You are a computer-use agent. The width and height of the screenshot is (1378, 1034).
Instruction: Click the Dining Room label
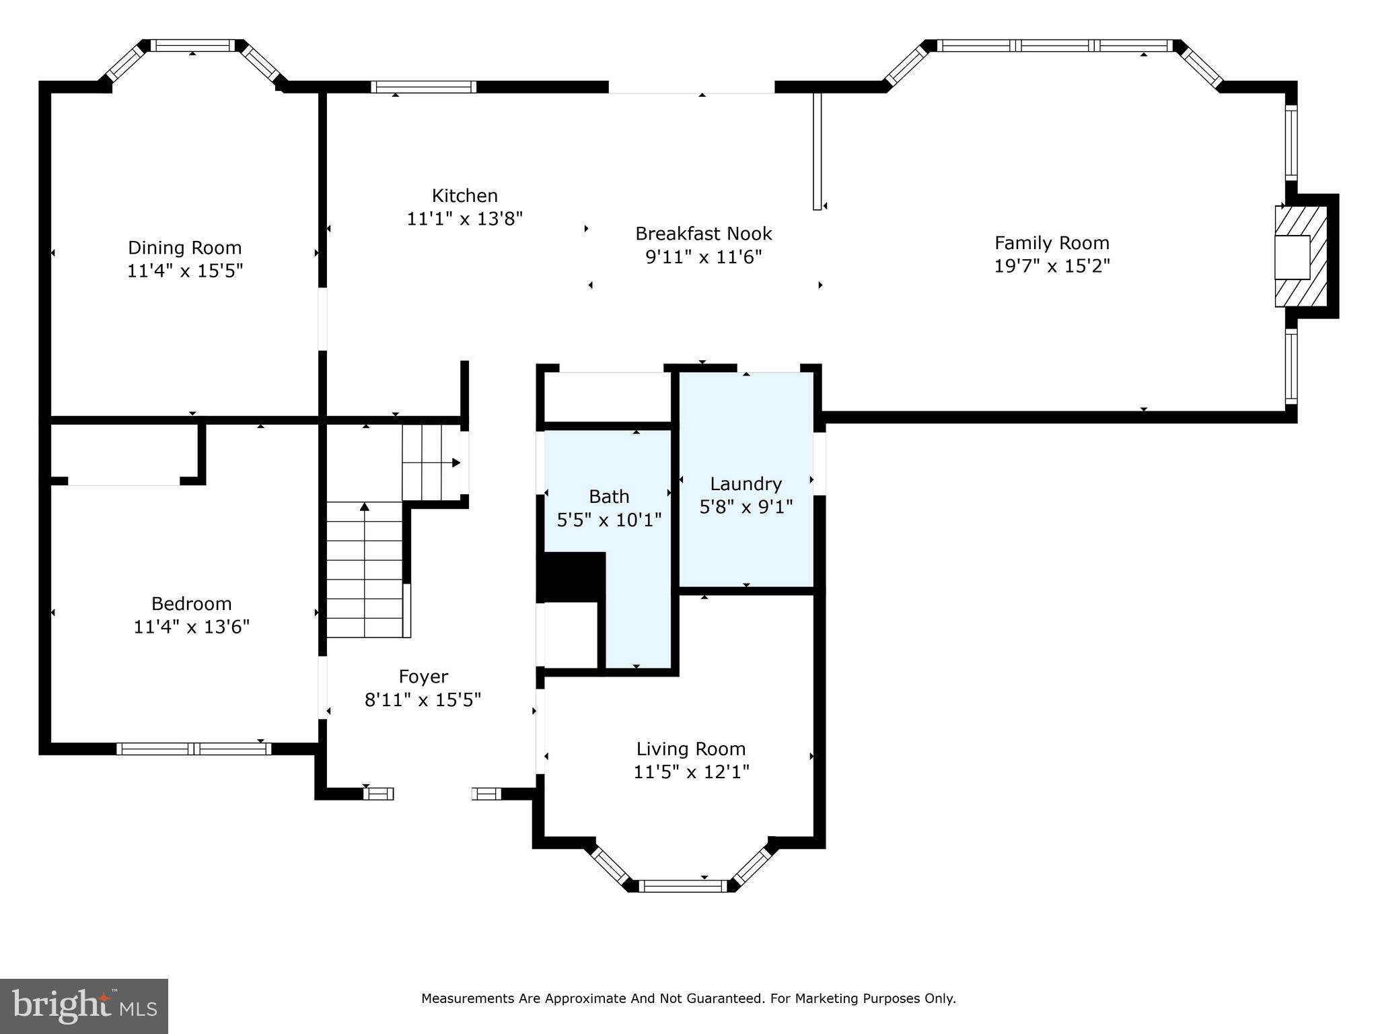point(184,248)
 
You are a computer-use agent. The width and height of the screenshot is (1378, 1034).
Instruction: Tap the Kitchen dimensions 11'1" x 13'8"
point(464,219)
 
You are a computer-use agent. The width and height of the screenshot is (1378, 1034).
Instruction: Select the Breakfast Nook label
point(703,234)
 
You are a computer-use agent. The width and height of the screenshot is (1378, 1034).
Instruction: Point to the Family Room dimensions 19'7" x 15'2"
point(1052,266)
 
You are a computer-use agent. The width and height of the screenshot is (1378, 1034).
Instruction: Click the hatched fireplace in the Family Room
point(1301,256)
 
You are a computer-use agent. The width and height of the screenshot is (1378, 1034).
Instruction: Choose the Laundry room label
point(746,484)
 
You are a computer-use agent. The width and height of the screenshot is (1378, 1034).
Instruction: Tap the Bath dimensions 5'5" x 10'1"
point(609,520)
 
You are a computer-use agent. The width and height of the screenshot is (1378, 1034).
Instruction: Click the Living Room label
point(691,749)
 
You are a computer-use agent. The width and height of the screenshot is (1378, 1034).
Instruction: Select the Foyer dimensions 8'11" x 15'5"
point(423,700)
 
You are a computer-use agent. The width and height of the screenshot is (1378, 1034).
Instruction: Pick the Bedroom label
point(191,603)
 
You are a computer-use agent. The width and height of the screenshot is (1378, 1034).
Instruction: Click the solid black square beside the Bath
point(571,577)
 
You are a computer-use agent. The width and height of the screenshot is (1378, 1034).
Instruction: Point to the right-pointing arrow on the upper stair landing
point(456,462)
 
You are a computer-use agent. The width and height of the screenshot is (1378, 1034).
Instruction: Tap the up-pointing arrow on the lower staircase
point(365,506)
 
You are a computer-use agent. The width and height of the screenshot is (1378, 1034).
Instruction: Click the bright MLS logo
point(83,1006)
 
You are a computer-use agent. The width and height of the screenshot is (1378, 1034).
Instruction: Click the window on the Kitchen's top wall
point(423,87)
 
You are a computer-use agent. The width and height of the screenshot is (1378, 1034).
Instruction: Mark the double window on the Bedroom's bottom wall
point(194,749)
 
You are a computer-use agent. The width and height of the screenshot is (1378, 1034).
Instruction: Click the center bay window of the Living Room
point(683,886)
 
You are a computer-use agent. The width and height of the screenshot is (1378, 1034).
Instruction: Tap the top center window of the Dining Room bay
point(192,46)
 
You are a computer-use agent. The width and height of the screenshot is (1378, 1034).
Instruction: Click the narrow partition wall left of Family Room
point(817,151)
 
